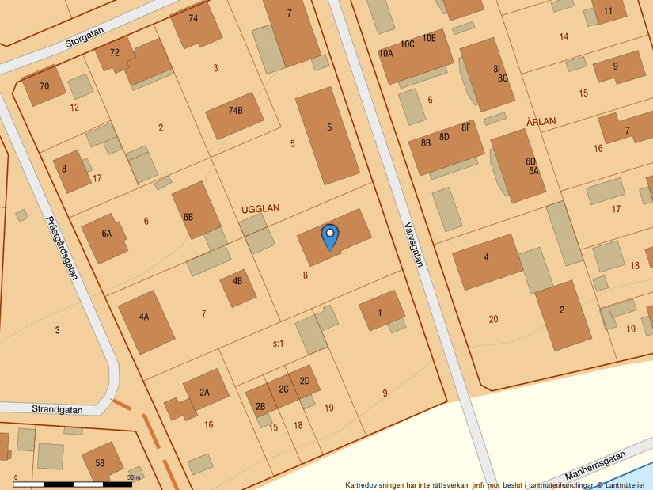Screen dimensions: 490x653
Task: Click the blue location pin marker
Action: tap(329, 236)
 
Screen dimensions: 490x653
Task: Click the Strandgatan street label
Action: tap(57, 410)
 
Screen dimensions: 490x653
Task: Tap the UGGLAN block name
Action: tap(260, 208)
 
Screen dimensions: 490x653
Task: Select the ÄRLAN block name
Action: tap(541, 121)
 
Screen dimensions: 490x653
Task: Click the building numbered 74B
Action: tap(235, 111)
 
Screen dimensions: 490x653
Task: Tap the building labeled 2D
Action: tap(305, 381)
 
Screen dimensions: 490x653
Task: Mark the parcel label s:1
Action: tap(278, 344)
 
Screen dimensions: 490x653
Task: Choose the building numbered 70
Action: tap(44, 86)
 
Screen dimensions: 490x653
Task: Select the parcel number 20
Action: tap(493, 319)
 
